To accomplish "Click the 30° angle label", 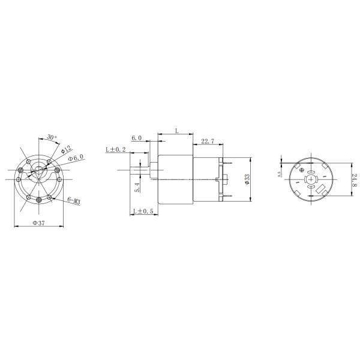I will (51, 137).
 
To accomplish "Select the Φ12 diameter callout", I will (66, 148).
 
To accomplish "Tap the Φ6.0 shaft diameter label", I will (76, 158).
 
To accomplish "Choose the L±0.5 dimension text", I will (142, 211).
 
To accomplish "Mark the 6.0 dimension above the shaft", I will (136, 138).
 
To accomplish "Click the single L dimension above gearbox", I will (176, 130).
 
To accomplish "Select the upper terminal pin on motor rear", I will (224, 161).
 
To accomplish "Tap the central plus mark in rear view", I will (310, 178).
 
